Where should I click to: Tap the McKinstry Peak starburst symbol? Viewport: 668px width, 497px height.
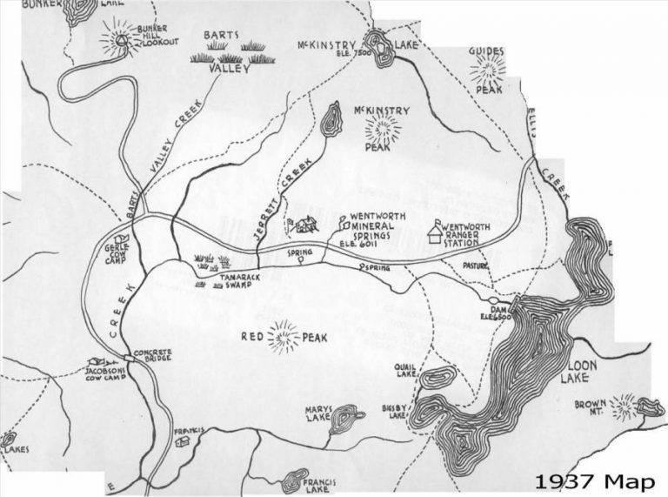pos(382,130)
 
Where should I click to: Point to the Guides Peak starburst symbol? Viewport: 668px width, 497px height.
pos(488,69)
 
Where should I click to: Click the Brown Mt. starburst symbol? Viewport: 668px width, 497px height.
pos(624,406)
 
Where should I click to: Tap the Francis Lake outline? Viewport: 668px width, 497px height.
pos(296,480)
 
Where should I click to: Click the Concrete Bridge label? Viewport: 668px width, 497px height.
pos(149,357)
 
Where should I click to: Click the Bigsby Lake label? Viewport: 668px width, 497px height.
pos(394,411)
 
